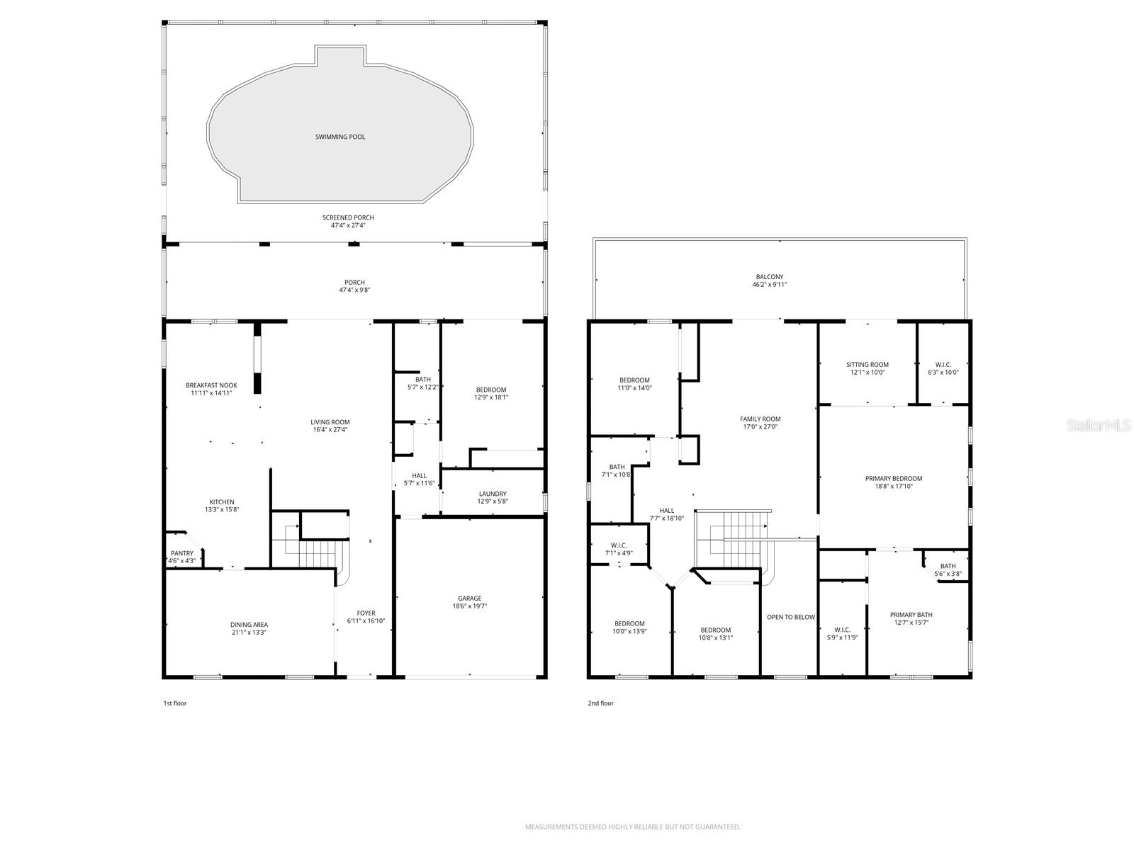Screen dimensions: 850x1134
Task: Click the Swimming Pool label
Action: [340, 137]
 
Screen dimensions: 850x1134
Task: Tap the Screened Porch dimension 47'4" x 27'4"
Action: [348, 225]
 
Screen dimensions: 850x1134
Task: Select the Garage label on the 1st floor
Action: [469, 599]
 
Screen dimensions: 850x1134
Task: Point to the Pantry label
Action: [182, 553]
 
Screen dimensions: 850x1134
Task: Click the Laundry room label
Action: [493, 494]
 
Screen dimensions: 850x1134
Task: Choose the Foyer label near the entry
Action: [366, 613]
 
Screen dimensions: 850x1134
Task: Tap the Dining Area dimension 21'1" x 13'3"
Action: [249, 633]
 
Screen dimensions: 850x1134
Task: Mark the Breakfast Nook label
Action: [211, 385]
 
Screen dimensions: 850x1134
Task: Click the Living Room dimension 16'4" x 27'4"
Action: [330, 430]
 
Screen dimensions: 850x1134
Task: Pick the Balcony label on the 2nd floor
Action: [770, 277]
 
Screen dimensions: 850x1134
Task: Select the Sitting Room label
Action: [868, 364]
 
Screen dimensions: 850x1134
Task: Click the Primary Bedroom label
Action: [894, 478]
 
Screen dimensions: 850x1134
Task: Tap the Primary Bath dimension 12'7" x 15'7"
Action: [911, 623]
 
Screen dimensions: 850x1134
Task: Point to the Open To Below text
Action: [791, 617]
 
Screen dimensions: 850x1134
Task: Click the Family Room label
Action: [760, 419]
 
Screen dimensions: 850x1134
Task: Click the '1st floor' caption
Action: [175, 703]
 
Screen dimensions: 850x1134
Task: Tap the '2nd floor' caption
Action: [600, 703]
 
